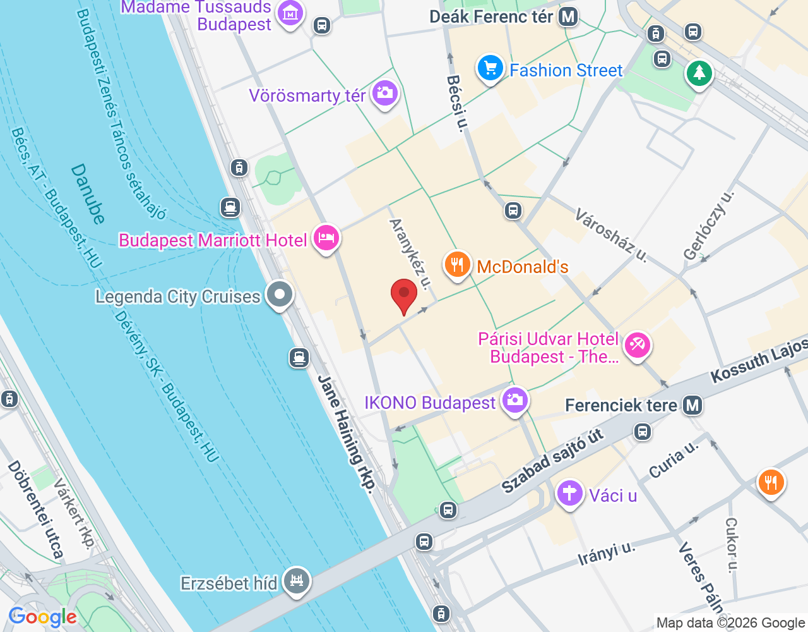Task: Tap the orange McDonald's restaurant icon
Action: pos(458,264)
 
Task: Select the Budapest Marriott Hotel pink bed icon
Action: pos(326,238)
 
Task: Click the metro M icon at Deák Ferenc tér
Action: pos(568,16)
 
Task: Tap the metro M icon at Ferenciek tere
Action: pos(692,405)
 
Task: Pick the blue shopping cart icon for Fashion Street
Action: pos(490,68)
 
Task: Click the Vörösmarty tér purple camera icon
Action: pos(384,94)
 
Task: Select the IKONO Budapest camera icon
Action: pos(515,401)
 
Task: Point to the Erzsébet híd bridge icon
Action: pos(297,580)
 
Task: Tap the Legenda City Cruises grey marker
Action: pos(279,295)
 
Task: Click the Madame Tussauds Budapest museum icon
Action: pos(290,13)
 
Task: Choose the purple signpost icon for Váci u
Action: pos(569,493)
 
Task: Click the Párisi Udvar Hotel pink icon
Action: pos(637,345)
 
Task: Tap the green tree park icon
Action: pos(699,73)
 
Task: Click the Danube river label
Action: pos(88,194)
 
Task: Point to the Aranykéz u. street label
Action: pos(410,253)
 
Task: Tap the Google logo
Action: pos(43,617)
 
